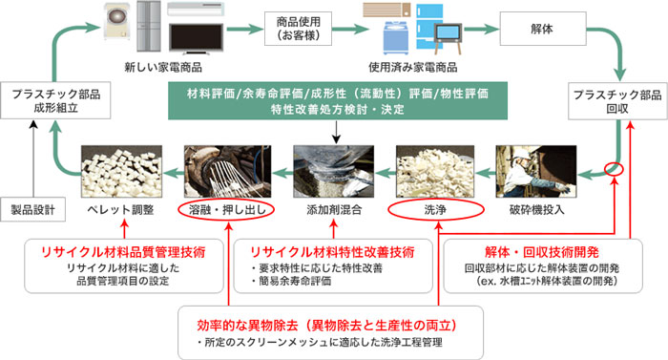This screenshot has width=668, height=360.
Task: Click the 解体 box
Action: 543,29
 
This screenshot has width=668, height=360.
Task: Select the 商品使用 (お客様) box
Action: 298,29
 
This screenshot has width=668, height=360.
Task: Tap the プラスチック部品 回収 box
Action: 617,101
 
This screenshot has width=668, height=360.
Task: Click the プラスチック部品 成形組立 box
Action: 55,100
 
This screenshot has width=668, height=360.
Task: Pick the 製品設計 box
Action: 32,209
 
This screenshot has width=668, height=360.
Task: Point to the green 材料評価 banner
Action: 338,100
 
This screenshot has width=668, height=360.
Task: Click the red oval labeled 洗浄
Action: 436,209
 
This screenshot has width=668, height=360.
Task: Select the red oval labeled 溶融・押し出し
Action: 226,209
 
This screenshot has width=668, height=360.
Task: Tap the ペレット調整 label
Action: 120,209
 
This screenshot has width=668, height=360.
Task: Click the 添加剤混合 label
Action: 334,209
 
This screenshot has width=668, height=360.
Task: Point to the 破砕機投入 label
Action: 536,209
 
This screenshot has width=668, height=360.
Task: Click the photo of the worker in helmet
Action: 536,172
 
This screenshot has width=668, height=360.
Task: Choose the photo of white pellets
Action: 121,172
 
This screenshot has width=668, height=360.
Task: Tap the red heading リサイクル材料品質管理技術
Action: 123,252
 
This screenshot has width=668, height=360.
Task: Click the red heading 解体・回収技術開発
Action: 542,252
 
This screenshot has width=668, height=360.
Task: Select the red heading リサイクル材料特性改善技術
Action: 332,252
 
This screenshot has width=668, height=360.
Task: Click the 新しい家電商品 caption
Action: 163,68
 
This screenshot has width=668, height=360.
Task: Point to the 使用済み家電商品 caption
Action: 413,68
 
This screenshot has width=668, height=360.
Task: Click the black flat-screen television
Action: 196,39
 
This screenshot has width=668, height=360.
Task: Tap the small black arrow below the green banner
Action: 337,132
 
